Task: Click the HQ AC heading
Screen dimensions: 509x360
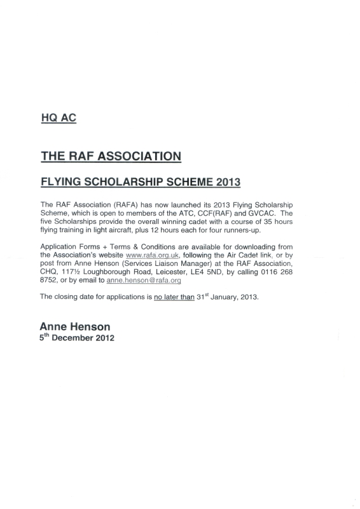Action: pyautogui.click(x=57, y=118)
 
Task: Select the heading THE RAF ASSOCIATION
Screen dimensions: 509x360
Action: pyautogui.click(x=111, y=155)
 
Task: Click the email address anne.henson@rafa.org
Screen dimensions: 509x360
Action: pyautogui.click(x=145, y=280)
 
